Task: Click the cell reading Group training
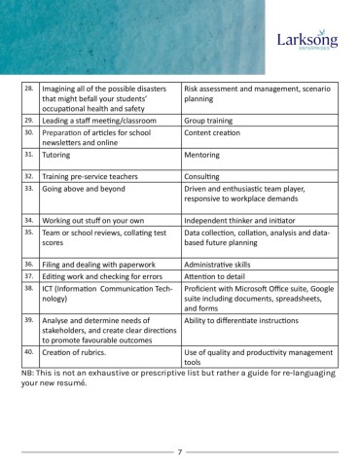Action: tap(212, 119)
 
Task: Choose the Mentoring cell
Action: tap(206, 154)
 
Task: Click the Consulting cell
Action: tap(207, 176)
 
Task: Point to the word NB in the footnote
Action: tap(28, 372)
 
